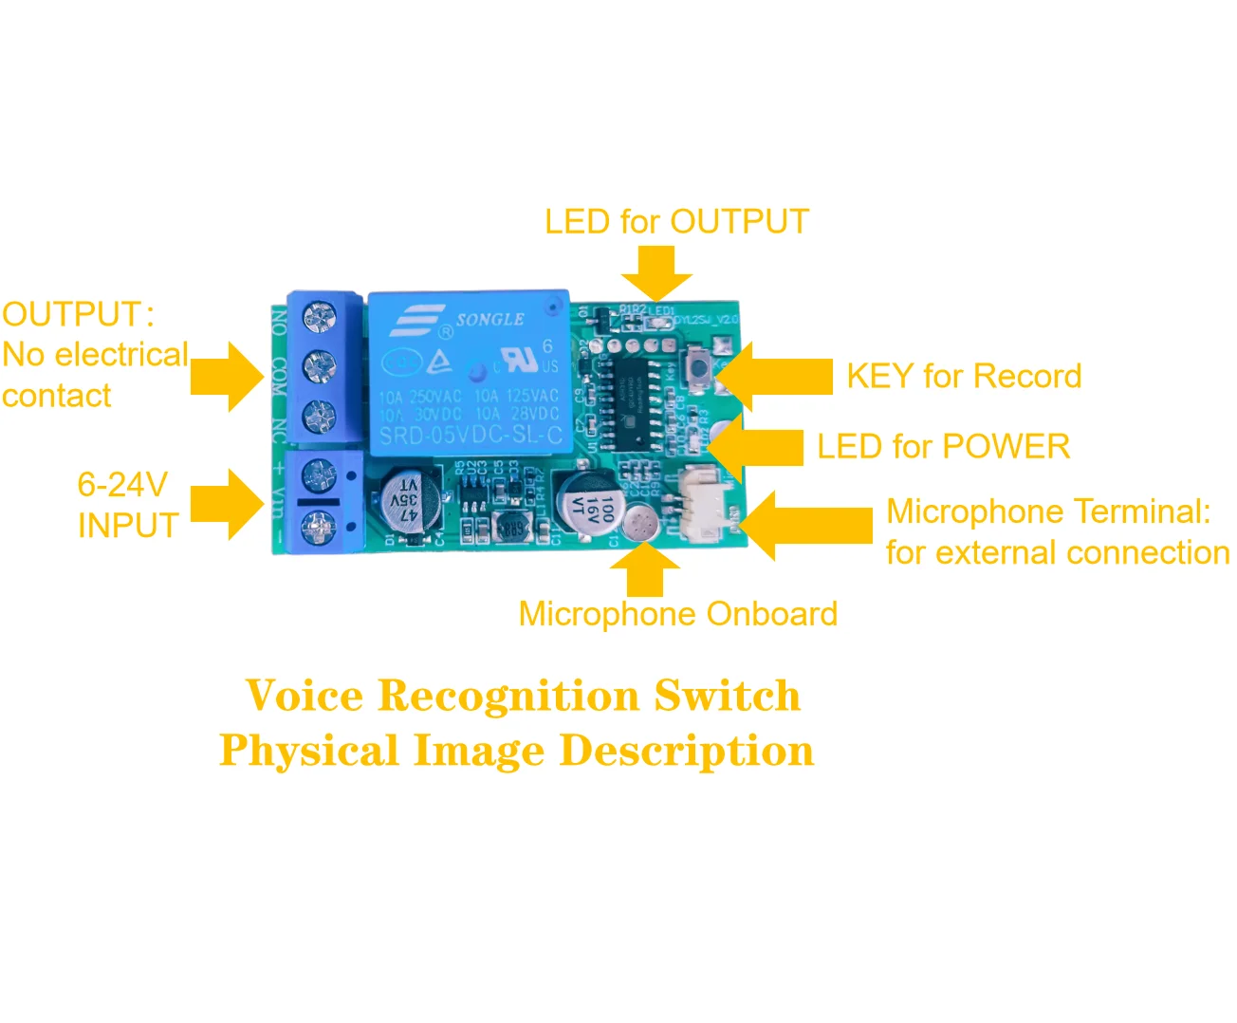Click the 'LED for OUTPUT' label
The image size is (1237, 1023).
[675, 222]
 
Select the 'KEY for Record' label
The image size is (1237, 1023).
[963, 377]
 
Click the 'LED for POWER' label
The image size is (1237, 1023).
[943, 446]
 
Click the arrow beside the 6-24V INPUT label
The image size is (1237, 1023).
[228, 504]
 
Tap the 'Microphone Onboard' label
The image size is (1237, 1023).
[677, 614]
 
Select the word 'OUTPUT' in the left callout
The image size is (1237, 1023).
[72, 314]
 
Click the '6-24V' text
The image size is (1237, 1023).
[122, 485]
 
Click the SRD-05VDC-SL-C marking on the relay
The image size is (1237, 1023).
[471, 437]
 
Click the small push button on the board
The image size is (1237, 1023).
[700, 365]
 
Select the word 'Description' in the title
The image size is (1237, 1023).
[686, 751]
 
